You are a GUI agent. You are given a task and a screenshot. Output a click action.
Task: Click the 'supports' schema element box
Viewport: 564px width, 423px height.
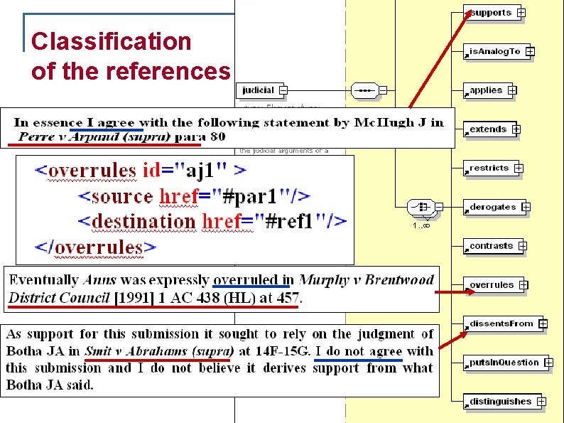(491, 13)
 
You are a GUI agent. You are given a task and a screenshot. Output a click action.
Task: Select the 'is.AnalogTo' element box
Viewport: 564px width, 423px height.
(495, 51)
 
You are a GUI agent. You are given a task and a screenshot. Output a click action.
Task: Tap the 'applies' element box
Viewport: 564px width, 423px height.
(486, 90)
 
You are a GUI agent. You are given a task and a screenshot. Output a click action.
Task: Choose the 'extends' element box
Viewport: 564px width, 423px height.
(488, 129)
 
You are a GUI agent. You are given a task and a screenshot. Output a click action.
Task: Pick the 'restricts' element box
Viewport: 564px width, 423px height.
(489, 168)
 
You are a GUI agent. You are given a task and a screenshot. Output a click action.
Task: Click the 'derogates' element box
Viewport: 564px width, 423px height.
(492, 207)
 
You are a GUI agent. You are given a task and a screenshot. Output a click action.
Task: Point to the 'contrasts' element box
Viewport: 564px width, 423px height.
(491, 246)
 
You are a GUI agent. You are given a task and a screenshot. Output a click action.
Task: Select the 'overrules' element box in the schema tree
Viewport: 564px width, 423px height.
(491, 285)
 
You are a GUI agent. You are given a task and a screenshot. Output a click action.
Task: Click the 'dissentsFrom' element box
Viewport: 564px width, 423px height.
(501, 324)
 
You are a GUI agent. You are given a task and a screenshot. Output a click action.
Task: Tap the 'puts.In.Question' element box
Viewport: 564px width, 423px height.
(504, 363)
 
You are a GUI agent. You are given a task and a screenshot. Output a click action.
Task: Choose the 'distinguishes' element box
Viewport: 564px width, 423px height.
(500, 402)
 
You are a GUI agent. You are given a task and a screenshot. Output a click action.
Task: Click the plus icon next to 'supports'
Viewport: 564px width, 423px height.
(521, 13)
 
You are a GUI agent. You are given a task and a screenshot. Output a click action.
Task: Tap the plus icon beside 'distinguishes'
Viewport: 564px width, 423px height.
(541, 402)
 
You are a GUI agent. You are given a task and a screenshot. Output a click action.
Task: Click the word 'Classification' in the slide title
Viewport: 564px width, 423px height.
(112, 41)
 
